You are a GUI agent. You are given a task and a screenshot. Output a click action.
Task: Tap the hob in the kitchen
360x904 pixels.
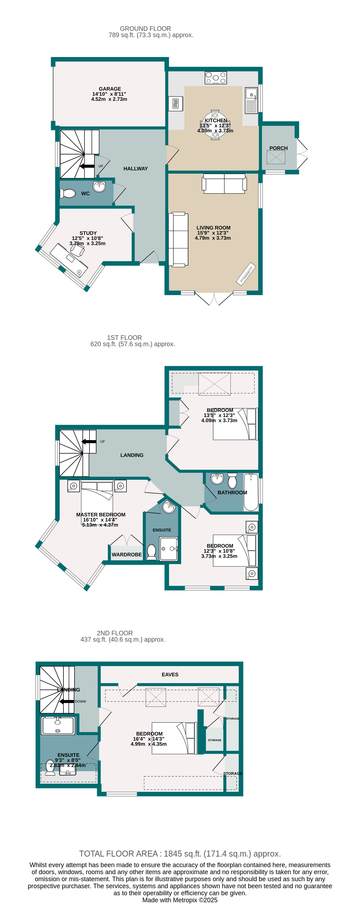click(x=215, y=78)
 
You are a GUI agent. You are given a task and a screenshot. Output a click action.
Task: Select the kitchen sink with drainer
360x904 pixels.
click(x=251, y=100)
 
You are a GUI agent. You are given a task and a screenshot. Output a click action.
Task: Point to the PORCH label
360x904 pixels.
click(x=278, y=148)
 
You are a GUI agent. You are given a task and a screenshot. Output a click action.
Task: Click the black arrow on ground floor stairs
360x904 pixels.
click(x=87, y=166)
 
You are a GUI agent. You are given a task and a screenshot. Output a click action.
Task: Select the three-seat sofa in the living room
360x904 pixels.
click(x=178, y=239)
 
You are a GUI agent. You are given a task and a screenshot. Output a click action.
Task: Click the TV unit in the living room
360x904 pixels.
click(x=246, y=274)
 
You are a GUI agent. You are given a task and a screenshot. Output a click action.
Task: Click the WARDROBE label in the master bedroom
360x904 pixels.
click(x=127, y=555)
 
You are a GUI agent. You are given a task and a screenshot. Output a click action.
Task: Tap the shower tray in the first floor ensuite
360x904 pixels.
click(x=169, y=549)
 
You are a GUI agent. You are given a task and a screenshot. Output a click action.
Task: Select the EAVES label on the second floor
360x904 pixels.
click(x=170, y=675)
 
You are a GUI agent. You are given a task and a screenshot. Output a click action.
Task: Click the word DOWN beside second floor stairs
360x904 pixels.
click(x=80, y=702)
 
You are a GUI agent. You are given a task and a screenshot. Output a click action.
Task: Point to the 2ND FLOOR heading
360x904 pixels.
click(x=115, y=633)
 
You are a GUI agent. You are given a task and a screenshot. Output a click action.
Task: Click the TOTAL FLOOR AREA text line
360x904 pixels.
click(x=180, y=853)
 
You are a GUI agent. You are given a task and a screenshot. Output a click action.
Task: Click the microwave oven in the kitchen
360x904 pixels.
click(x=176, y=104)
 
